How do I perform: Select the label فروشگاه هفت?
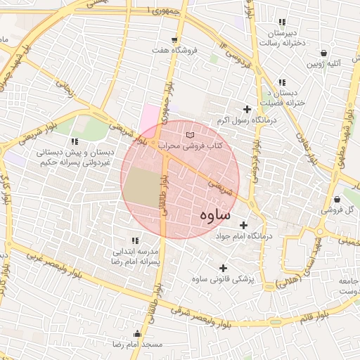[x=174, y=51]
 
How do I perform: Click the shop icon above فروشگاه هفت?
[x=174, y=39]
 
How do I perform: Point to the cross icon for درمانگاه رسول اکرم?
[x=246, y=109]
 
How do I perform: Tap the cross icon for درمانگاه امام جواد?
[x=244, y=225]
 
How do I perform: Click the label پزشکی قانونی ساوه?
[x=224, y=279]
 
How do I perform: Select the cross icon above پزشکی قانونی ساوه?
[x=224, y=268]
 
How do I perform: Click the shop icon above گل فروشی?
[x=338, y=199]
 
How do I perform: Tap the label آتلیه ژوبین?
[x=323, y=64]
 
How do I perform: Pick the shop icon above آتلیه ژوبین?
[x=323, y=53]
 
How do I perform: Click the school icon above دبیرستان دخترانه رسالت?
[x=282, y=22]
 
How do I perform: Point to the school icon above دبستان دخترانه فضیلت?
[x=282, y=82]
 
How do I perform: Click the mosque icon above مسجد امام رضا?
[x=134, y=335]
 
